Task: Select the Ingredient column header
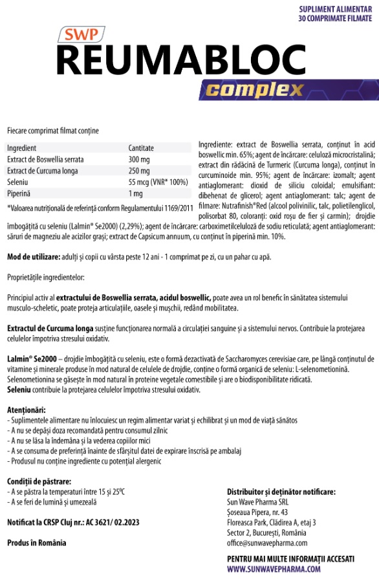tap(22, 147)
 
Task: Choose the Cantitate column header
tap(141, 147)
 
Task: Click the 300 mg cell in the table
tap(139, 159)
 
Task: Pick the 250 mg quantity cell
tap(139, 171)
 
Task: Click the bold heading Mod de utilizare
tap(33, 257)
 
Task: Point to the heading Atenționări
tap(26, 410)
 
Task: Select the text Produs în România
tap(36, 542)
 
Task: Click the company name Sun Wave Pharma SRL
tap(257, 501)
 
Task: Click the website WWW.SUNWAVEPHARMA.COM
tap(274, 569)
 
